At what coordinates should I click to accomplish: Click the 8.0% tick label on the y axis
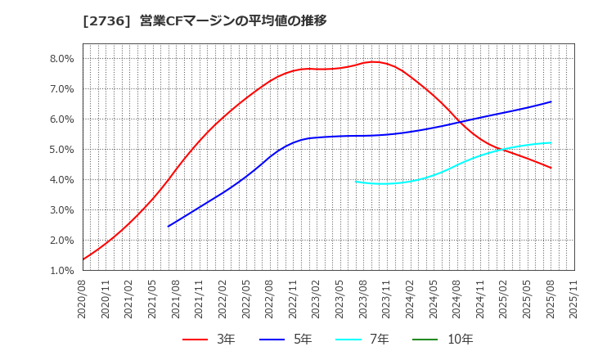[62, 59]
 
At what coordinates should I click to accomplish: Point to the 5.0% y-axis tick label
[62, 150]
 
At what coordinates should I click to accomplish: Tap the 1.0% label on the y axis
[62, 271]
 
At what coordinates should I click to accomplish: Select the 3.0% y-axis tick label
[62, 210]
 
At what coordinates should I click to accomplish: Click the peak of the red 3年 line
[373, 62]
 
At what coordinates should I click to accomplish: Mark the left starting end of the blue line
[169, 226]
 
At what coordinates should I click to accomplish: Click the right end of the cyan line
[551, 142]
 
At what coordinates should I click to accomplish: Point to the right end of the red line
[551, 168]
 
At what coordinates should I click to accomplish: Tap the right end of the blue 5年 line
[551, 101]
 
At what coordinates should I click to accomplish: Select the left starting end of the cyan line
[356, 182]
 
